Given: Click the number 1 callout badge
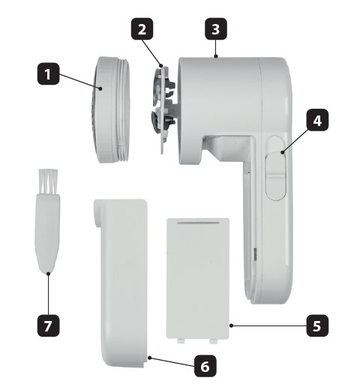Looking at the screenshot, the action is tap(49, 73).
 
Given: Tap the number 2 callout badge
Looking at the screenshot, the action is tap(142, 28).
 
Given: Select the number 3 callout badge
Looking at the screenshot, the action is tap(216, 28).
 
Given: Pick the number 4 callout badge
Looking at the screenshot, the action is tap(317, 120).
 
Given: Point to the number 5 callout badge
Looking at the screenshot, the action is tap(317, 325).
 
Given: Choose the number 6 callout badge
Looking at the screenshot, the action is tap(205, 366).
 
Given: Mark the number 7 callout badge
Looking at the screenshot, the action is tap(49, 325).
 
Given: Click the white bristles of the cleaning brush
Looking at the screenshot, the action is tap(48, 181).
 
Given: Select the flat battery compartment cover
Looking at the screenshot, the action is tap(198, 279).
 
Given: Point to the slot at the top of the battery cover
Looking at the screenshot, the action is tap(198, 222).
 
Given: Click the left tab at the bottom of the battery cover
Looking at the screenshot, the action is tap(181, 341).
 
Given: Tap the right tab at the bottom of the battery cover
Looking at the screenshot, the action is tap(213, 341).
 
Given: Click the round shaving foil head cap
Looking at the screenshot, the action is tap(112, 110).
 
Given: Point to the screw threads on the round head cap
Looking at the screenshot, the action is tap(123, 110).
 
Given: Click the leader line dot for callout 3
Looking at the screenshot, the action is tap(216, 56).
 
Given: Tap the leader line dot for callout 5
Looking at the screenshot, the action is tap(231, 325).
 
